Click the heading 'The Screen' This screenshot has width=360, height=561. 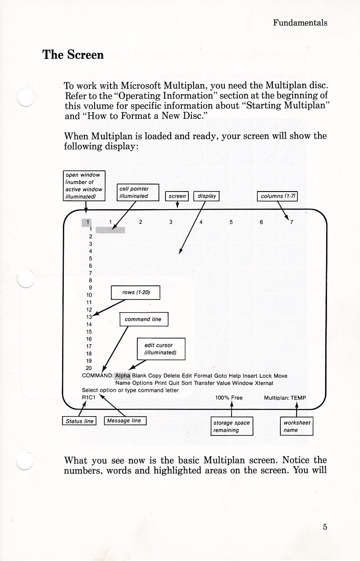pos(73,55)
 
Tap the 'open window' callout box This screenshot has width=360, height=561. pos(84,186)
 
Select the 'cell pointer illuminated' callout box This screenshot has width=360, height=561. pos(137,192)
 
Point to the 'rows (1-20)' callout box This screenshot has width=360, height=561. pos(135,293)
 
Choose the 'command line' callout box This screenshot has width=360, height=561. pos(143,319)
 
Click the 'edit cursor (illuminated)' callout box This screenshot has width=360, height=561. pos(161,349)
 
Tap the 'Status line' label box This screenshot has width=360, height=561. pos(80,421)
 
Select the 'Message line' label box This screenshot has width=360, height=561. pos(125,421)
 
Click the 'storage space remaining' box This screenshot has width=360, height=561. pos(231,426)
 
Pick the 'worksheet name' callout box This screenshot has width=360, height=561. pos(297,426)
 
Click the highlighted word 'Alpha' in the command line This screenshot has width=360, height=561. pos(123,376)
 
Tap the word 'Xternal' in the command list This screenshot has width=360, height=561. pos(264,383)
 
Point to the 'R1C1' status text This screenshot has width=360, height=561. pos(89,398)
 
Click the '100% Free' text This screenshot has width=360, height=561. pos(229,398)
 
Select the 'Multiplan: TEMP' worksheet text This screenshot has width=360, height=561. pos(285,398)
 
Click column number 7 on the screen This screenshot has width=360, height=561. pos(291,222)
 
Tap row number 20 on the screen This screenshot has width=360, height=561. pos(89,368)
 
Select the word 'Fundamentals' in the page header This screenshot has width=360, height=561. pos(300,23)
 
